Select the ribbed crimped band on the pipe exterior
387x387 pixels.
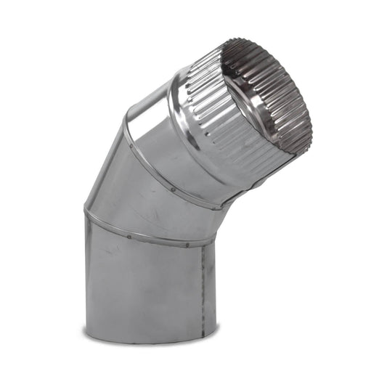click(x=218, y=109)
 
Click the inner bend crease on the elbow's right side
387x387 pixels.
click(x=218, y=218)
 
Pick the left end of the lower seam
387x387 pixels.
click(x=85, y=212)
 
